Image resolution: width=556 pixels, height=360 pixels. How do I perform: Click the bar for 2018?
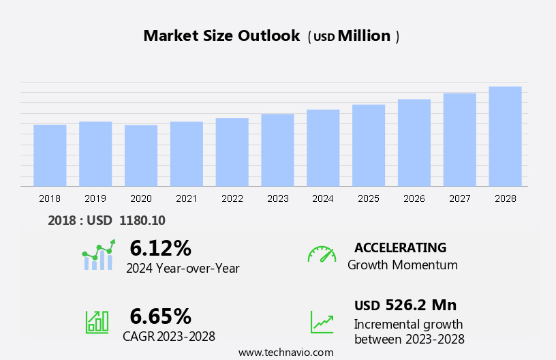click(50, 155)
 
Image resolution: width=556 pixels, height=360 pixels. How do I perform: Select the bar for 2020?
click(141, 155)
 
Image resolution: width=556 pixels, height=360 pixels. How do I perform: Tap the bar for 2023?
click(277, 150)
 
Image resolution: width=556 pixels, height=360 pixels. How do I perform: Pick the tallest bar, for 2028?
click(505, 136)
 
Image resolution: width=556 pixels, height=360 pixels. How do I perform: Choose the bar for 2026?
click(414, 143)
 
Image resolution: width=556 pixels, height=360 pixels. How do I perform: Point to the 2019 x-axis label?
click(95, 198)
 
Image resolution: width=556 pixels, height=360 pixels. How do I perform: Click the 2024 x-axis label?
click(323, 198)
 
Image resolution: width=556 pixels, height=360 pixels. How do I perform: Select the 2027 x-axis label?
click(460, 198)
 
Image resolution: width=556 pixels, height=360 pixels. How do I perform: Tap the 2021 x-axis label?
click(187, 198)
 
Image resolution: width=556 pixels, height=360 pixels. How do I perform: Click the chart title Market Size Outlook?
click(221, 36)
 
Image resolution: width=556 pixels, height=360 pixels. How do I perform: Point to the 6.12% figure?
click(161, 247)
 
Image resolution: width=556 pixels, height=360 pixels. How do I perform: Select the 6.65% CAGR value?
click(161, 316)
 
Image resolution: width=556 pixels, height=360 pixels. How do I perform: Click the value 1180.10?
click(142, 220)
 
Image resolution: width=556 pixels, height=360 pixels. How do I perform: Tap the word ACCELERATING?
click(401, 247)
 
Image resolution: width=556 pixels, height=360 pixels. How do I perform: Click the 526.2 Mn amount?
click(420, 305)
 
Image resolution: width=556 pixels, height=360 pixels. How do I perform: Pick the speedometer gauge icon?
click(322, 254)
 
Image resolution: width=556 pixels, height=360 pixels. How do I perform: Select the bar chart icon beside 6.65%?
click(97, 321)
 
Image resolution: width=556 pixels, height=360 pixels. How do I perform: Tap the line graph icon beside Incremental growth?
click(322, 322)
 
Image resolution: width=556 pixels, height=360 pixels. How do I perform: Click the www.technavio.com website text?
click(286, 352)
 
